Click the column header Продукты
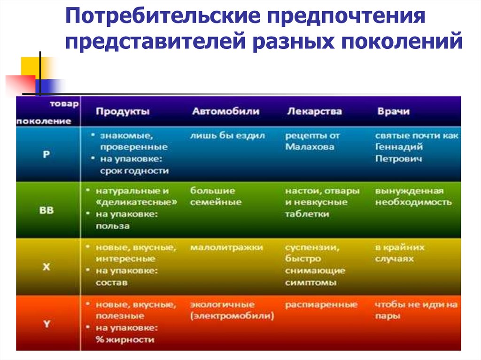tap(123, 112)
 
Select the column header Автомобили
tap(225, 112)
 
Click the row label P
tap(46, 154)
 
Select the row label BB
tap(46, 210)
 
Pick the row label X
tap(46, 266)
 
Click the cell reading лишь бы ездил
tap(228, 136)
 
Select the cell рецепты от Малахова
tap(312, 141)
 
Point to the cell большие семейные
tap(216, 197)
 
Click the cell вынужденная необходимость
tap(413, 197)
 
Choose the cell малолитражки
tap(226, 247)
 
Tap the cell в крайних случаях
tap(399, 253)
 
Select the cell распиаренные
tap(321, 305)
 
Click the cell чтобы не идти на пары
tap(416, 310)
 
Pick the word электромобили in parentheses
tap(232, 316)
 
